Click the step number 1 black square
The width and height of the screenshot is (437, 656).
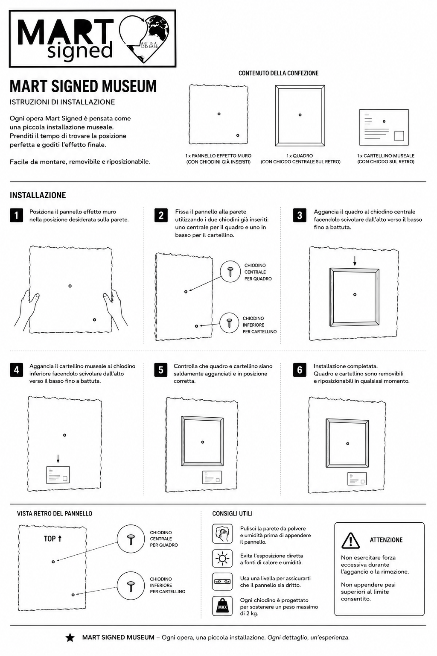tap(16, 215)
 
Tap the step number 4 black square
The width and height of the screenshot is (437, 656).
tap(16, 370)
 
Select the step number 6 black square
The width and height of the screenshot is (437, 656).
tap(300, 370)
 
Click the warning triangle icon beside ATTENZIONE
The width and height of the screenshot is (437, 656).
tap(350, 540)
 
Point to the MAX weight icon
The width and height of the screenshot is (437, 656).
tap(222, 606)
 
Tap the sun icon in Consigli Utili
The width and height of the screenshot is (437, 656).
tap(222, 559)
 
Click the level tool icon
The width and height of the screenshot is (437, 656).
tap(222, 581)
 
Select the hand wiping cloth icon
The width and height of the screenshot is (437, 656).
tap(222, 533)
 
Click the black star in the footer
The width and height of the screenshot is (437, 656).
tap(70, 638)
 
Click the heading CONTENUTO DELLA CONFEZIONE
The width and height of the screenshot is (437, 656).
tap(278, 73)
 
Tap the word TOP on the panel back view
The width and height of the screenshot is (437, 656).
tap(50, 539)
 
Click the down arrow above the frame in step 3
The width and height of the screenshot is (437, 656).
tap(355, 261)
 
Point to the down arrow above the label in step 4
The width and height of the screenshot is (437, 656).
tap(58, 459)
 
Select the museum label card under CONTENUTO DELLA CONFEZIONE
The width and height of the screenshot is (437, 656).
tap(384, 127)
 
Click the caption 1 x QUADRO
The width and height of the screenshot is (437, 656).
tap(300, 156)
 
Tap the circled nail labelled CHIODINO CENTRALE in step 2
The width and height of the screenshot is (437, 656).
tap(230, 272)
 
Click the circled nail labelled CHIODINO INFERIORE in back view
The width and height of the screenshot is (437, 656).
tap(131, 586)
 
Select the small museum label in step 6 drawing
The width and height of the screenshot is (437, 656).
tap(357, 478)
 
